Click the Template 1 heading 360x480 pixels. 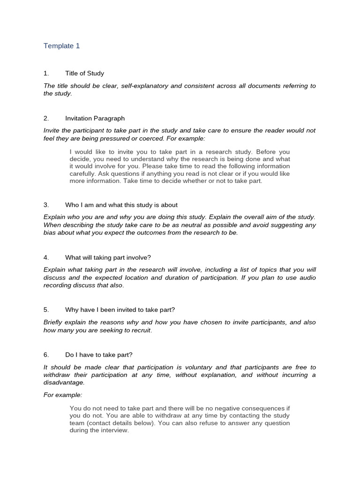pyautogui.click(x=61, y=46)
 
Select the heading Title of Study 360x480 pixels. pyautogui.click(x=84, y=73)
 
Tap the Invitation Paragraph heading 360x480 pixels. pyautogui.click(x=95, y=119)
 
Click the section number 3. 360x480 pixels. pyautogui.click(x=46, y=205)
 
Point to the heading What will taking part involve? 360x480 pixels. pyautogui.click(x=108, y=257)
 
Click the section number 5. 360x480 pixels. pyautogui.click(x=46, y=310)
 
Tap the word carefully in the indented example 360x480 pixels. pyautogui.click(x=82, y=173)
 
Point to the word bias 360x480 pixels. pyautogui.click(x=50, y=232)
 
